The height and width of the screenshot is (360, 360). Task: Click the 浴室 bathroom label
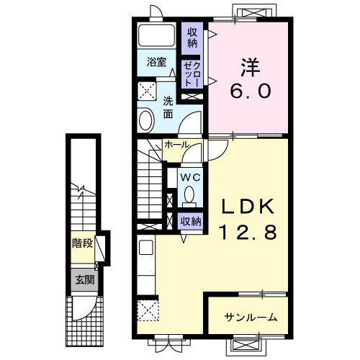click(156, 63)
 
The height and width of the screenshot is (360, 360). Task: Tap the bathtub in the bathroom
click(157, 35)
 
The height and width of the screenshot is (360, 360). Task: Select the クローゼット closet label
click(192, 74)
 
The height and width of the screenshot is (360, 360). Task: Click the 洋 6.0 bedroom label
click(250, 78)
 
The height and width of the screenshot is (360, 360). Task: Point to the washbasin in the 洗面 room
click(146, 120)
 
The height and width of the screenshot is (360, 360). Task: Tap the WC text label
click(190, 178)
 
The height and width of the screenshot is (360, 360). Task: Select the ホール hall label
click(177, 145)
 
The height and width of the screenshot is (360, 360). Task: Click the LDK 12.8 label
click(248, 219)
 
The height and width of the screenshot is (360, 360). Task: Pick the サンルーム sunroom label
click(251, 318)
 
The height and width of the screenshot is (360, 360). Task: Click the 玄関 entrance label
click(85, 280)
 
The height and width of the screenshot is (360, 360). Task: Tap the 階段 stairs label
click(82, 244)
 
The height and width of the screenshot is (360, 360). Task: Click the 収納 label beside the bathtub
click(192, 37)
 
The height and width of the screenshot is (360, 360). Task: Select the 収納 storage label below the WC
click(191, 221)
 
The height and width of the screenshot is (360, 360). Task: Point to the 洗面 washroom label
click(168, 107)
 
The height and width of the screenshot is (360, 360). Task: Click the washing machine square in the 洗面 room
click(147, 91)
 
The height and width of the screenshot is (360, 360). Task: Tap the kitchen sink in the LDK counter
click(146, 248)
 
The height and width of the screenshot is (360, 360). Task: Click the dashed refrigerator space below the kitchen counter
click(148, 310)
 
